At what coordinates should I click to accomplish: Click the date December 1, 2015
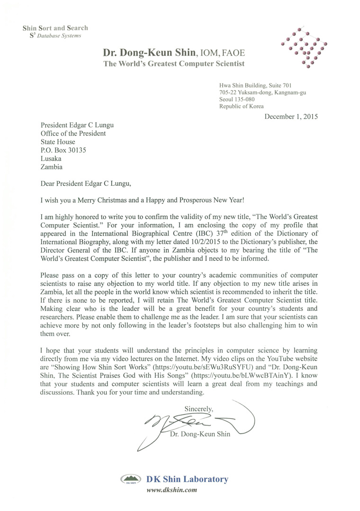point(291,116)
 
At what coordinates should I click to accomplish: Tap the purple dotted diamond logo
point(303,47)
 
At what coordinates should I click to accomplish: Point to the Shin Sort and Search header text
point(55,28)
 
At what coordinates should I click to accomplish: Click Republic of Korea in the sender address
point(241,107)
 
